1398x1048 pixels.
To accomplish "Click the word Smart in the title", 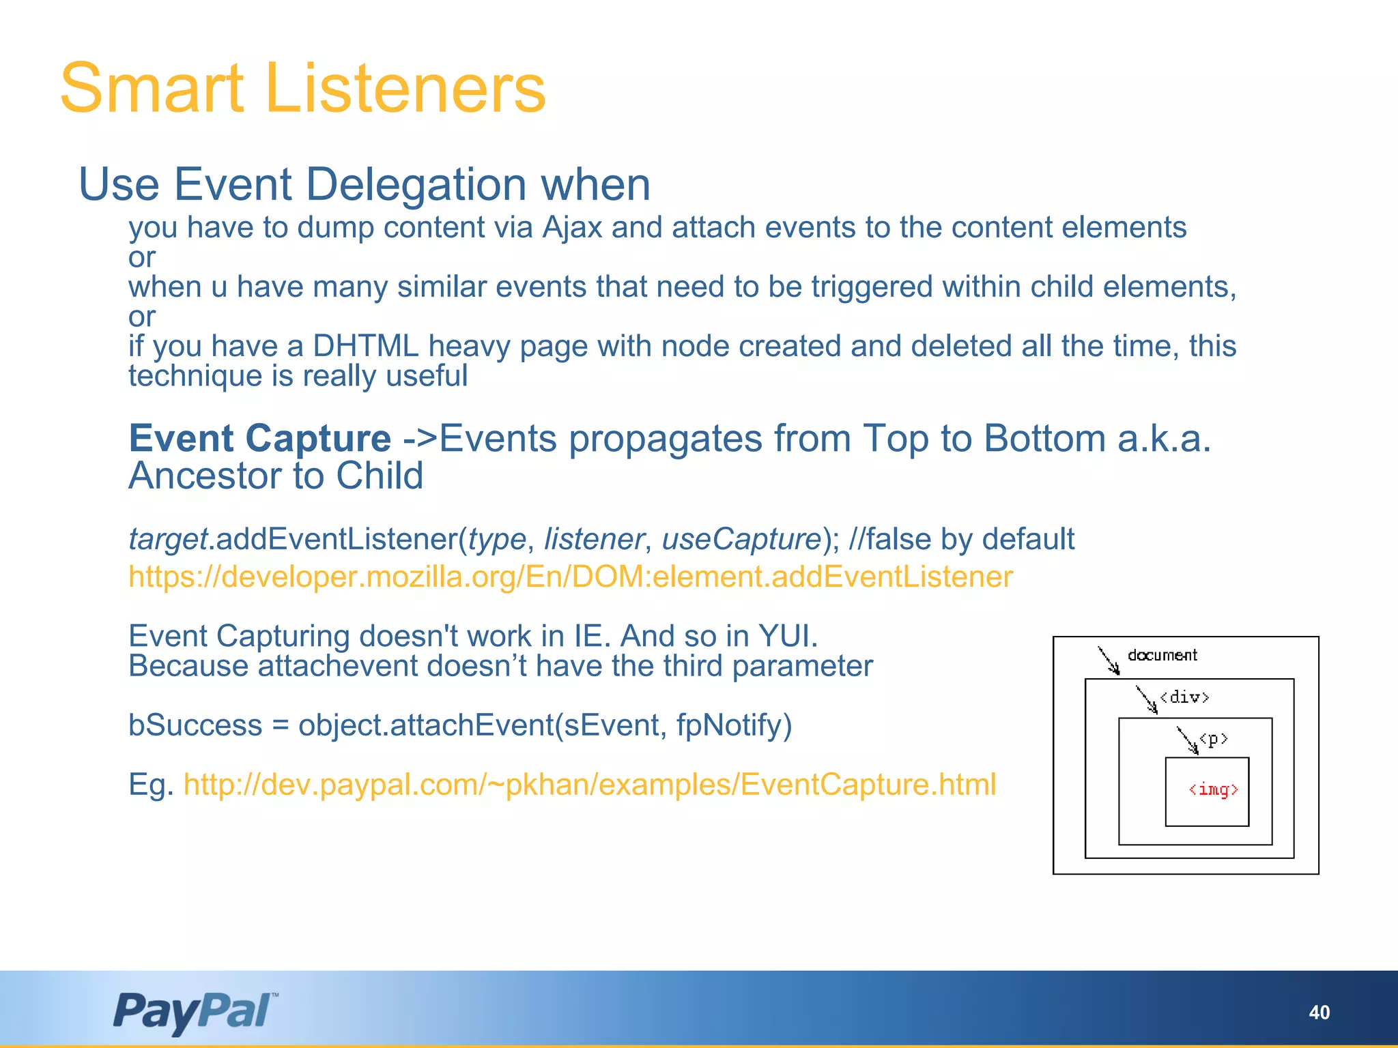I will tap(152, 89).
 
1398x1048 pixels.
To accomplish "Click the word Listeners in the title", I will tap(405, 89).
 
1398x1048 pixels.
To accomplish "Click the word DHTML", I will tap(365, 347).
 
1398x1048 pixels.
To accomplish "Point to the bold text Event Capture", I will tap(259, 438).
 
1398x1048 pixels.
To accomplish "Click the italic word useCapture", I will tap(741, 539).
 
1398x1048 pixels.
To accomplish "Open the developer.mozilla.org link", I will tap(570, 577).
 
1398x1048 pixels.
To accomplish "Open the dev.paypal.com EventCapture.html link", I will tap(590, 785).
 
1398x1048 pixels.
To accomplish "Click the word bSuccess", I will tap(195, 725).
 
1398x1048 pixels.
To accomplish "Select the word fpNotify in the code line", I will tap(734, 725).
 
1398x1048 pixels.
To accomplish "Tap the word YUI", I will tap(788, 636).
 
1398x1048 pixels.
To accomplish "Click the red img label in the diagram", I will tap(1213, 790).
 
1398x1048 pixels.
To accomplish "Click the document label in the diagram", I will tap(1162, 656).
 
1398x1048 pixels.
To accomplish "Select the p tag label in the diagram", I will tap(1214, 739).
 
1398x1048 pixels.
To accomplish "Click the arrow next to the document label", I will tap(1109, 660).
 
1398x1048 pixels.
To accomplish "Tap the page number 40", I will tap(1319, 1013).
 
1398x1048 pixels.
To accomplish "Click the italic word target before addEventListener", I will tap(168, 539).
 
